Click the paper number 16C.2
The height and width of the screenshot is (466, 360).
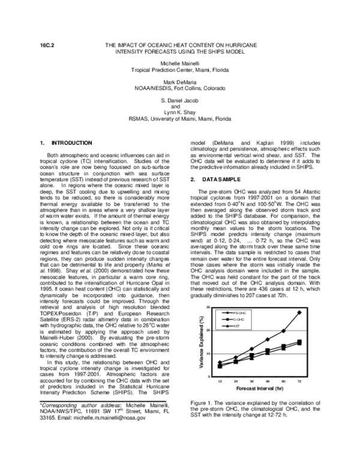[x=47, y=46]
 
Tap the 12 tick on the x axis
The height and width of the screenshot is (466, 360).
[x=220, y=381]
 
